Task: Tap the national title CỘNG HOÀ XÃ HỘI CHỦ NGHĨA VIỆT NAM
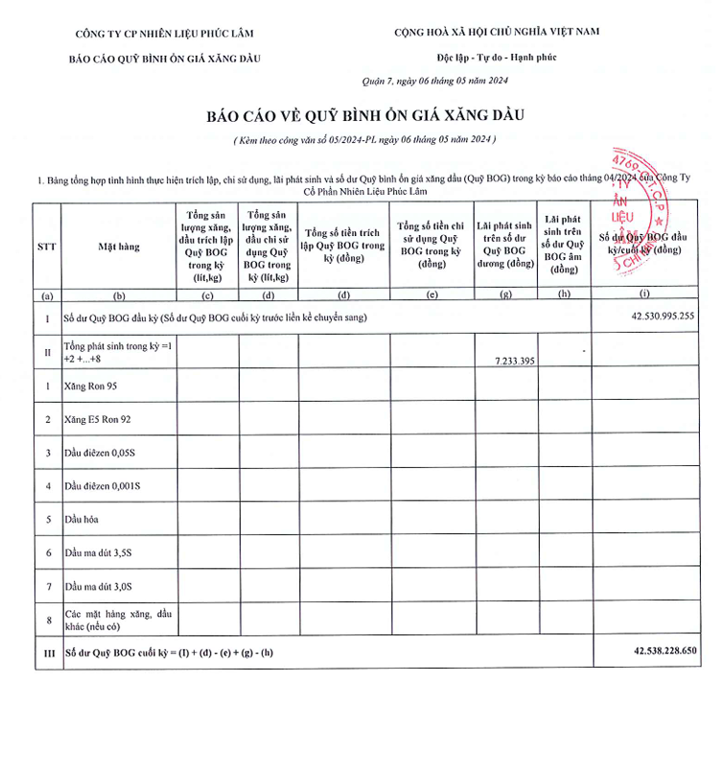pos(497,32)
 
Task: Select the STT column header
pos(46,247)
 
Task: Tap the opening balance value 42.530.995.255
pos(662,316)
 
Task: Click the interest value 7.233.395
pos(508,359)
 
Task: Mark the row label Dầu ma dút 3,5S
pos(99,553)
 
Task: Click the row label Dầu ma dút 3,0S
pos(99,586)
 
